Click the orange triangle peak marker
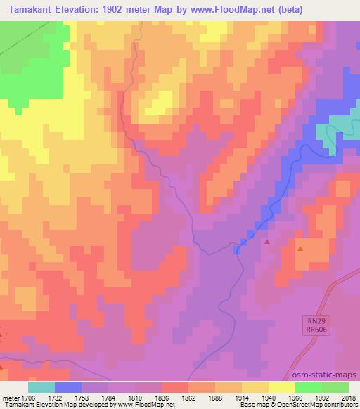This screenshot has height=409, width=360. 300,249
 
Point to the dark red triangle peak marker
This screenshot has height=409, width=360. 267,242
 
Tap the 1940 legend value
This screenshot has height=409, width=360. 270,397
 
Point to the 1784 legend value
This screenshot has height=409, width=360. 109,397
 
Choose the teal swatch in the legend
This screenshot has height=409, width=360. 41,387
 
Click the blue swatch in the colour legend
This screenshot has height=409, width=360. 68,387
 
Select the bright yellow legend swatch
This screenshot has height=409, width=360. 282,387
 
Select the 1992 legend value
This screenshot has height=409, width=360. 323,397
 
